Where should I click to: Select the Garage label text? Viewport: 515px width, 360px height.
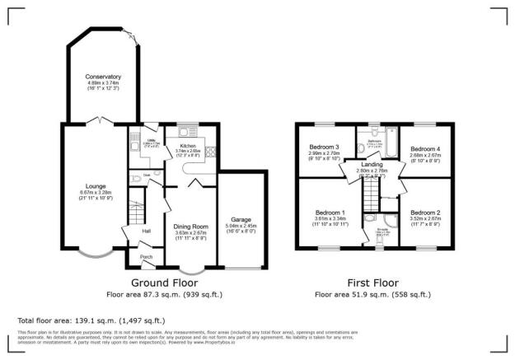[x=241, y=220]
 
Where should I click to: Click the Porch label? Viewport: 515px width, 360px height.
[x=146, y=257]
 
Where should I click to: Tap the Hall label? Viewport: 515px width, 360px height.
[x=147, y=231]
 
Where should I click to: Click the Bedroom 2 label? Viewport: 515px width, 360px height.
[x=425, y=213]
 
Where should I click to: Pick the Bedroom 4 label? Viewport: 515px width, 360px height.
[x=425, y=146]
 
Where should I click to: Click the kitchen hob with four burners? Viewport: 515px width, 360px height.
[x=210, y=152]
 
